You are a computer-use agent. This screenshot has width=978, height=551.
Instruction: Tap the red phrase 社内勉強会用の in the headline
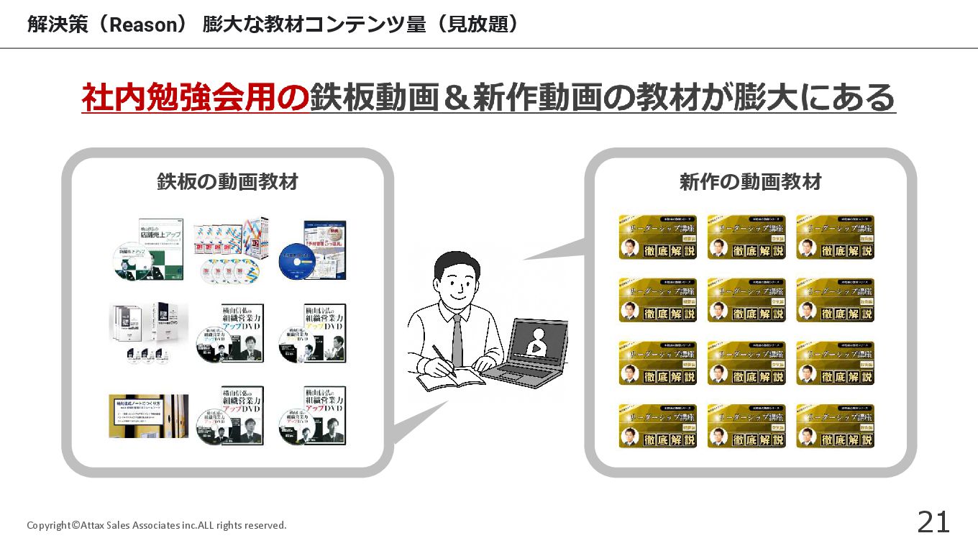coord(195,98)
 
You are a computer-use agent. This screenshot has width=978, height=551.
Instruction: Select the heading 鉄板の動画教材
coord(227,182)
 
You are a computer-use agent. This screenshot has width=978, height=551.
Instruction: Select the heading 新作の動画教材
coord(750,182)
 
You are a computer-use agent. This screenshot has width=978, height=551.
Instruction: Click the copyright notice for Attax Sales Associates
coord(156,525)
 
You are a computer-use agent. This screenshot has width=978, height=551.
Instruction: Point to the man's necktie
coord(457,339)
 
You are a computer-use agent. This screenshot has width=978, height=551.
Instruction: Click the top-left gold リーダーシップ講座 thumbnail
coord(657,237)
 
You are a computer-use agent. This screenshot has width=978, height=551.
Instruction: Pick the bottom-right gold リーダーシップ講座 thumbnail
coord(835,426)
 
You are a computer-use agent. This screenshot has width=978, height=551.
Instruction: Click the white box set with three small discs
coord(147,332)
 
